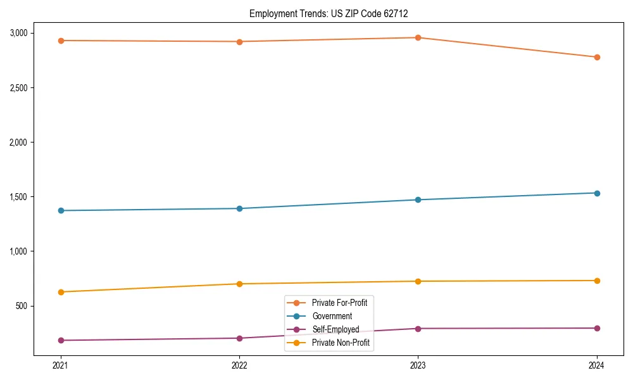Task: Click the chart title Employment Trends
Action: click(x=333, y=13)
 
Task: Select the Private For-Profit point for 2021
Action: click(x=61, y=41)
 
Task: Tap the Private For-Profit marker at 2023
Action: click(x=418, y=37)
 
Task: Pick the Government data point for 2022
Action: click(x=239, y=208)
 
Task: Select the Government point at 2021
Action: click(x=61, y=210)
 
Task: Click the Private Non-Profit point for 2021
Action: click(x=61, y=292)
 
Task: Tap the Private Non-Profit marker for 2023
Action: click(x=418, y=281)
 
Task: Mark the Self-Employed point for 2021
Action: click(x=61, y=340)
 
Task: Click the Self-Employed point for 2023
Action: click(x=418, y=329)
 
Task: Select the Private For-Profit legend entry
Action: click(x=339, y=303)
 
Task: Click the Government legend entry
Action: click(x=332, y=316)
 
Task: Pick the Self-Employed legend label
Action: click(x=335, y=329)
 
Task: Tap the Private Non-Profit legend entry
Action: click(x=341, y=343)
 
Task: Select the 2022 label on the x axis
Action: click(x=239, y=365)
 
